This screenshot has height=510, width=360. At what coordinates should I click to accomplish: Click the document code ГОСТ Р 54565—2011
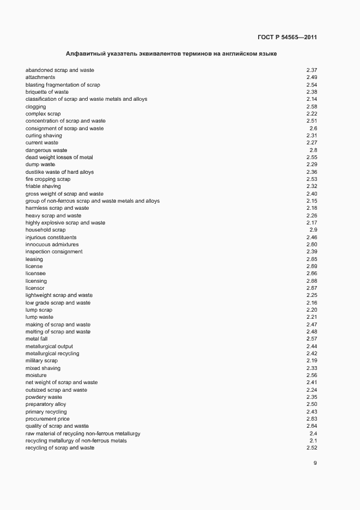click(287, 38)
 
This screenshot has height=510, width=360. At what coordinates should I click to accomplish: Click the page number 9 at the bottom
click(315, 463)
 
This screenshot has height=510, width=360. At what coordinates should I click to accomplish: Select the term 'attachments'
click(40, 77)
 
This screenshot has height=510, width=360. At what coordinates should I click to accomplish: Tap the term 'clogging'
click(35, 107)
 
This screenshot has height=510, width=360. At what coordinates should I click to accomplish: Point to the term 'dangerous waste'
click(46, 150)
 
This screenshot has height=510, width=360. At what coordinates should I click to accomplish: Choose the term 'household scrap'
click(45, 230)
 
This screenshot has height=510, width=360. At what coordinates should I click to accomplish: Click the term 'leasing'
click(34, 259)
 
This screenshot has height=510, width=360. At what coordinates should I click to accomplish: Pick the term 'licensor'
click(35, 288)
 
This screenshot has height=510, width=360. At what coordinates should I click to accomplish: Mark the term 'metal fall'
click(36, 339)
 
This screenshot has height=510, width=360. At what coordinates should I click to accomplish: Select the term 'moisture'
click(36, 375)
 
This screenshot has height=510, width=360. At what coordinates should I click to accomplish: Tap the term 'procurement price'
click(47, 419)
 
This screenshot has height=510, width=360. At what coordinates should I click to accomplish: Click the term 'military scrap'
click(41, 361)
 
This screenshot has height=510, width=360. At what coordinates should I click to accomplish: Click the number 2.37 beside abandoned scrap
click(312, 70)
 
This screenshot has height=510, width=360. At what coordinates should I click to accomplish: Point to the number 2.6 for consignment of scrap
click(313, 129)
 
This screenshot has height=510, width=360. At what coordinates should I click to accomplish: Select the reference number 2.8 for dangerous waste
click(313, 150)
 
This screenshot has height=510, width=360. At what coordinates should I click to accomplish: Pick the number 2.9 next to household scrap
click(313, 230)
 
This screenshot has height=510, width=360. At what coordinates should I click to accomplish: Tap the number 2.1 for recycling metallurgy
click(313, 441)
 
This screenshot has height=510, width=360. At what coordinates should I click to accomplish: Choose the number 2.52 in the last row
click(312, 448)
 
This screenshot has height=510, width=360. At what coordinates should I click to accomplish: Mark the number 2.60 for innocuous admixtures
click(312, 245)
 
